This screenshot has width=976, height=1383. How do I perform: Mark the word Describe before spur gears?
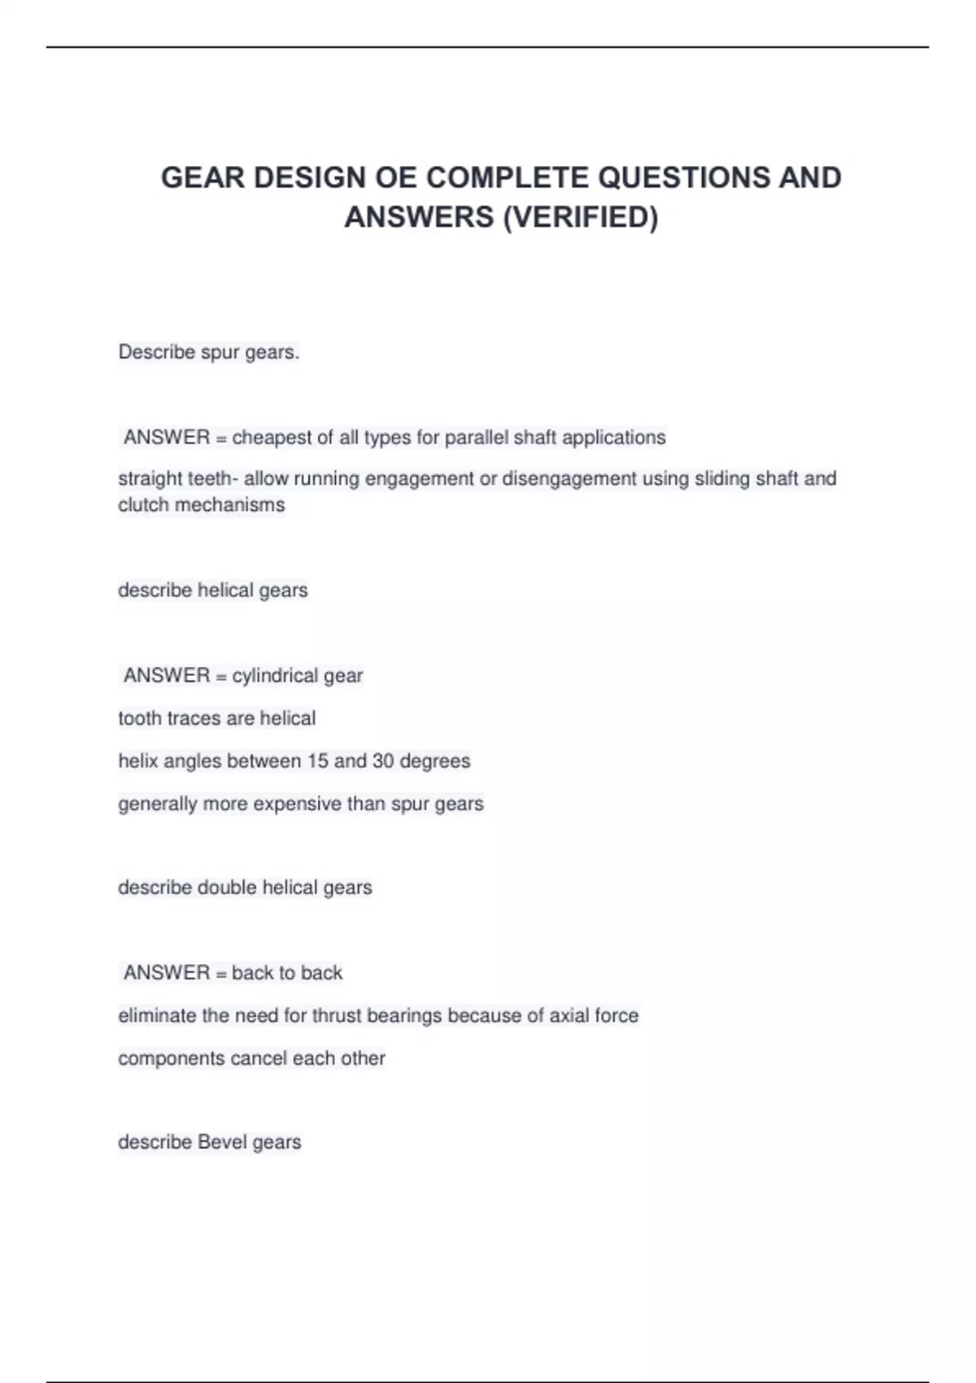tap(156, 352)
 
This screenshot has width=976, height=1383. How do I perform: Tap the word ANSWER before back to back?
tap(167, 973)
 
